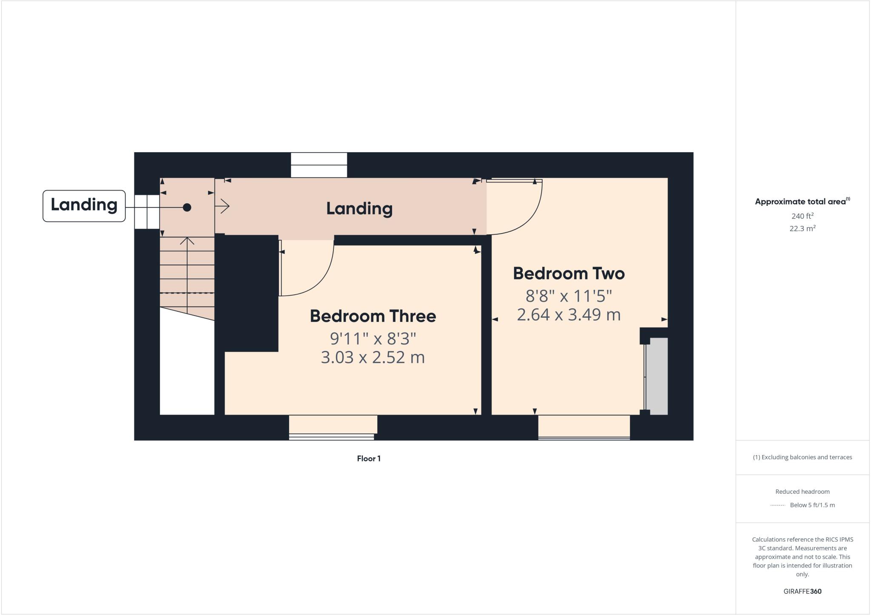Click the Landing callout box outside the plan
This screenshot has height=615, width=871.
pyautogui.click(x=84, y=205)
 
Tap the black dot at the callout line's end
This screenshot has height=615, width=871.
pyautogui.click(x=187, y=208)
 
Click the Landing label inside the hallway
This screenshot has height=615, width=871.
pyautogui.click(x=359, y=208)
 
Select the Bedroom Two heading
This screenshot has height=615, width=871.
pyautogui.click(x=569, y=273)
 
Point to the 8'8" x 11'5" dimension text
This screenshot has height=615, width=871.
pyautogui.click(x=569, y=295)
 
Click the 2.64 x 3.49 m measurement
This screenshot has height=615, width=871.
pyautogui.click(x=569, y=315)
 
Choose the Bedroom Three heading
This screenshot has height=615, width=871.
pyautogui.click(x=373, y=316)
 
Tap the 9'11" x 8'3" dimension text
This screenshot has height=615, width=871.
pyautogui.click(x=373, y=339)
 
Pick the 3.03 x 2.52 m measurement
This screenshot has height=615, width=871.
pyautogui.click(x=373, y=357)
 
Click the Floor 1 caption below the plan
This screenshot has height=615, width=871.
pyautogui.click(x=369, y=458)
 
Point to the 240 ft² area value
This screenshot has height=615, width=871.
pyautogui.click(x=802, y=216)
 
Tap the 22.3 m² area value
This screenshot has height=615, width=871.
pyautogui.click(x=802, y=228)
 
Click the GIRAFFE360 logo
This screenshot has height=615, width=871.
pyautogui.click(x=802, y=591)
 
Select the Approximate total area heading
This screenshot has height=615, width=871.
pyautogui.click(x=802, y=202)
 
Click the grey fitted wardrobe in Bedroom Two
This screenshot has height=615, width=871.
pyautogui.click(x=658, y=376)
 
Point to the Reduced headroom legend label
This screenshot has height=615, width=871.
pyautogui.click(x=802, y=492)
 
